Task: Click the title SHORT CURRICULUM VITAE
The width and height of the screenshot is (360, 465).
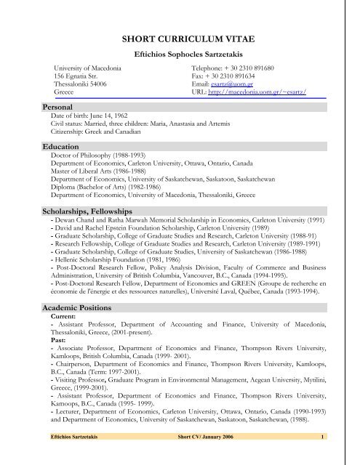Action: point(179,39)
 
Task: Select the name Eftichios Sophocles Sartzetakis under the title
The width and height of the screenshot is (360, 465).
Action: point(179,55)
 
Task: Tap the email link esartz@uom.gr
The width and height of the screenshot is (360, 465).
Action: point(222,85)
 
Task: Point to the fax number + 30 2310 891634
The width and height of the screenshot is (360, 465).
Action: point(234,76)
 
